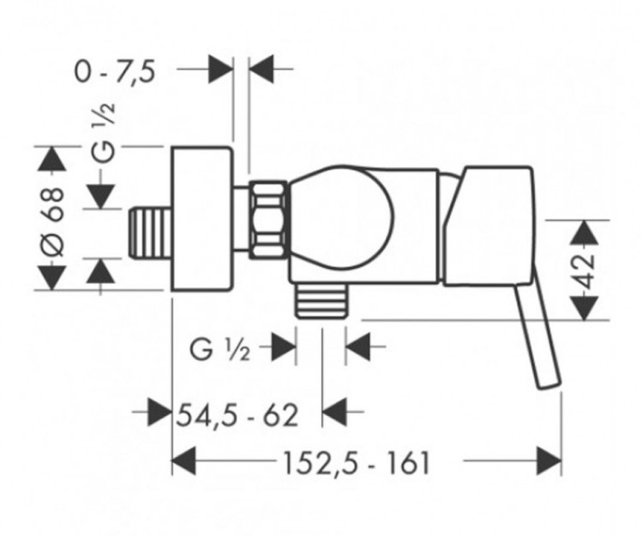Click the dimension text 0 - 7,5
114,72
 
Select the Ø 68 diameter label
53,219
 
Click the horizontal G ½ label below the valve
220,350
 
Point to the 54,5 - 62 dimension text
237,415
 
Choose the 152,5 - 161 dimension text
355,463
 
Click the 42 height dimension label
586,269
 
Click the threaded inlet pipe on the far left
149,231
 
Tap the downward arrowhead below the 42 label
585,307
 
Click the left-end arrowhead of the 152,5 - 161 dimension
184,462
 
